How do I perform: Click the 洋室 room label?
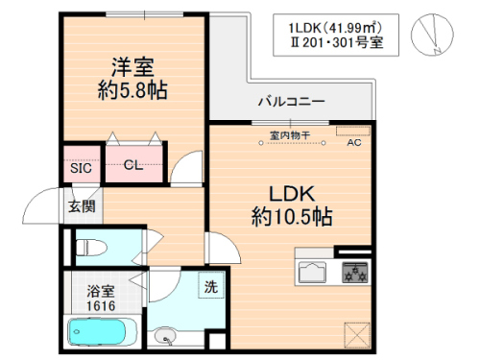coord(132,67)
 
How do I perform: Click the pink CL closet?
coord(133,165)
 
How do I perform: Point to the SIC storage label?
coord(81,167)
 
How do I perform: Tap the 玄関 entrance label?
coord(81,205)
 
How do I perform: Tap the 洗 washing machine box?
coord(209,285)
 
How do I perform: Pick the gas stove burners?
coord(355,273)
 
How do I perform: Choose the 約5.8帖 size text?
coord(132,93)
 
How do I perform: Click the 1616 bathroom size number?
coord(101,304)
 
